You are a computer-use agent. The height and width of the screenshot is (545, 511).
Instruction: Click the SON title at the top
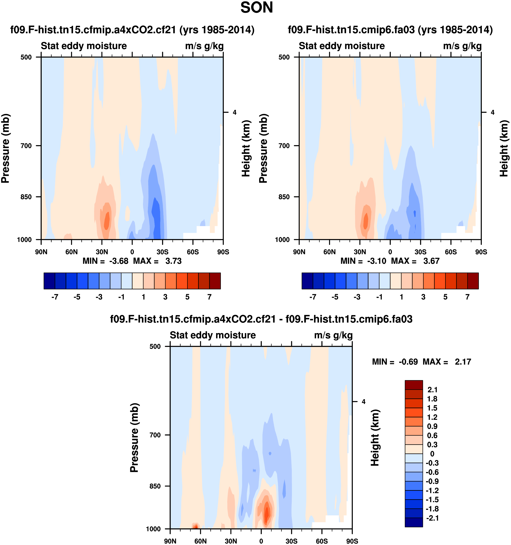coord(256,8)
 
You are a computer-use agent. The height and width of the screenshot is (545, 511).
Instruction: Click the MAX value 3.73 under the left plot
coord(173,261)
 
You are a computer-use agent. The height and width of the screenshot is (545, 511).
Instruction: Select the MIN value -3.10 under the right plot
coord(376,261)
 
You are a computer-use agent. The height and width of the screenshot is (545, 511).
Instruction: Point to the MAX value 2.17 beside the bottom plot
coord(463,362)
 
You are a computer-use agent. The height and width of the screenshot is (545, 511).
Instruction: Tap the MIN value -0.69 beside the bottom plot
coord(408,362)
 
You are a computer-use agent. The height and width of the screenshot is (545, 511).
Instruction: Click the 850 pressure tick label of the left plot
coord(26,197)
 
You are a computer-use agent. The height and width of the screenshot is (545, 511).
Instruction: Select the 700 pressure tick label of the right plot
coord(284,146)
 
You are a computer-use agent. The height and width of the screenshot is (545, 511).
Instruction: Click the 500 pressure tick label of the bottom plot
coord(155,347)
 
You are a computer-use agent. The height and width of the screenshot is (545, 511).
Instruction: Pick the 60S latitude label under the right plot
coord(451,252)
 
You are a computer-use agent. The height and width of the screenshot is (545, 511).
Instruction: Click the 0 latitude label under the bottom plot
coord(261,541)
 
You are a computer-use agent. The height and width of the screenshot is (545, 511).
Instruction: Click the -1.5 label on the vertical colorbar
coord(432,499)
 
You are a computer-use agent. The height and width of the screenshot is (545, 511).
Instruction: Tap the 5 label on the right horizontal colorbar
coord(445,297)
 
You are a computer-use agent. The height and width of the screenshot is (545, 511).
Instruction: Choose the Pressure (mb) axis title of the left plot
coord(5,148)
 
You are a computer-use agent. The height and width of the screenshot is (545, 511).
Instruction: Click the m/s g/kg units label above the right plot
coord(462,46)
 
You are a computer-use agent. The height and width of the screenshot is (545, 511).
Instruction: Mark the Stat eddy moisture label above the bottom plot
coord(213,335)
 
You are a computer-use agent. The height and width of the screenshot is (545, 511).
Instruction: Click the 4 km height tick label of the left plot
coord(235,112)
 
